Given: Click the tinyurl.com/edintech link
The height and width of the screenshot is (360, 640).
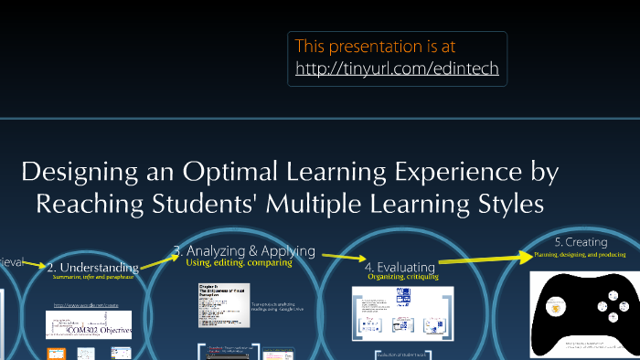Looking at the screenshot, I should tap(397, 69).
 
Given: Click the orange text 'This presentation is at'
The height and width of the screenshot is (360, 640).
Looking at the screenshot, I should tap(375, 46).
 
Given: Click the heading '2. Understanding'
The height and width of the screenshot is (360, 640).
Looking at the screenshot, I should tap(93, 267).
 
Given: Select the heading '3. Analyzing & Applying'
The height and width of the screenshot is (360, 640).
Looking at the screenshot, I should tap(244, 250).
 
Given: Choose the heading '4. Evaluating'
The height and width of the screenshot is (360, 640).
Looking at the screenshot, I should tap(400, 266).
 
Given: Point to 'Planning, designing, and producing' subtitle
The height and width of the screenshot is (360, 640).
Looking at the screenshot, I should tap(580, 255).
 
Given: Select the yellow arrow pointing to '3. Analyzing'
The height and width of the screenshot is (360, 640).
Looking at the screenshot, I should tap(159, 260).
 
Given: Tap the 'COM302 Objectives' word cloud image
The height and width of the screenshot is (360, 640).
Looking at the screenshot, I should tap(88, 324).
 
